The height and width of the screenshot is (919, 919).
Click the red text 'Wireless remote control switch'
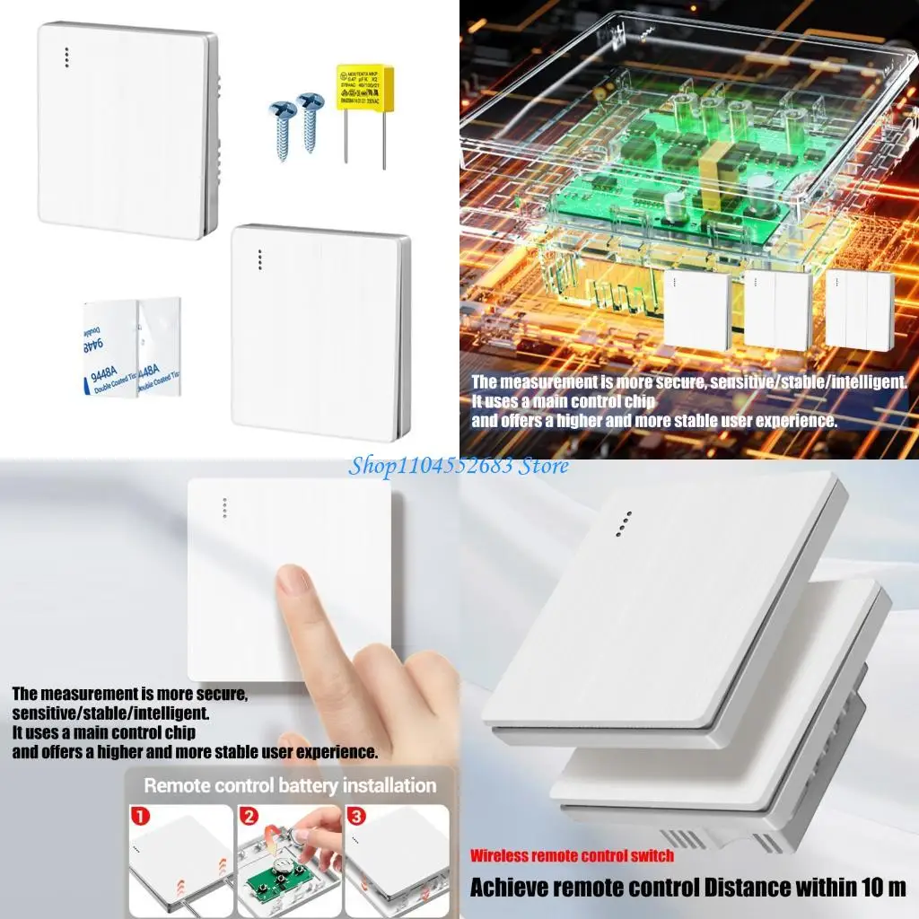(572, 855)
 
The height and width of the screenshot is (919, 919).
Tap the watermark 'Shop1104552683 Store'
(459, 465)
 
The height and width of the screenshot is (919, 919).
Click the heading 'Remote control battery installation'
(290, 786)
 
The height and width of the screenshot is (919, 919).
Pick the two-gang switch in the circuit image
(777, 311)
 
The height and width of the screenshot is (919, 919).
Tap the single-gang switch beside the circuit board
(697, 311)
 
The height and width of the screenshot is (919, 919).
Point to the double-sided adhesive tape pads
(133, 347)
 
